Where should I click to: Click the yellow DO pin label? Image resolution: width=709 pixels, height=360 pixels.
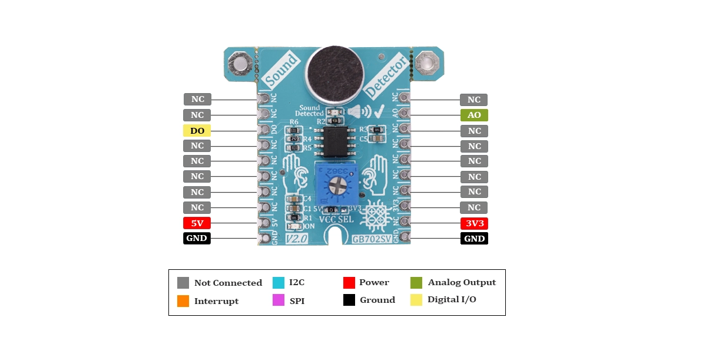(x=197, y=131)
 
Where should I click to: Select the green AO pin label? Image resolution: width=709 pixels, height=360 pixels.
(x=474, y=115)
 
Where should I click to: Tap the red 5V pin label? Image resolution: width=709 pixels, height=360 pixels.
(x=197, y=223)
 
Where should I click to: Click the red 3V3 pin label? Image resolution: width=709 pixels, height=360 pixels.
(x=474, y=223)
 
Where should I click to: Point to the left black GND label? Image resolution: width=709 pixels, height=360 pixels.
(x=197, y=238)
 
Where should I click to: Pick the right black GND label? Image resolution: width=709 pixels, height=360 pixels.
(x=474, y=239)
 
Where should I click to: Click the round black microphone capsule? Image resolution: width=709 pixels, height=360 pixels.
(x=332, y=73)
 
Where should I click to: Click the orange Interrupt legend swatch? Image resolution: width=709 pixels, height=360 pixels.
(x=183, y=301)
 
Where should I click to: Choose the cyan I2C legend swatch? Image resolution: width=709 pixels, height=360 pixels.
(x=279, y=283)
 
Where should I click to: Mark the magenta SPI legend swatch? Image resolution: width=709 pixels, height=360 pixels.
(x=279, y=301)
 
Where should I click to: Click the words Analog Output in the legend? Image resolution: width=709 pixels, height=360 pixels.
(x=462, y=283)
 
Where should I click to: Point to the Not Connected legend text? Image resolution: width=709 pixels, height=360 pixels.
(x=228, y=283)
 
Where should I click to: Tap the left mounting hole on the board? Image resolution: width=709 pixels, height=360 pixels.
(x=241, y=63)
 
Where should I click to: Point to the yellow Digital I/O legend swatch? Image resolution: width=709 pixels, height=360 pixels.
(x=416, y=300)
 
